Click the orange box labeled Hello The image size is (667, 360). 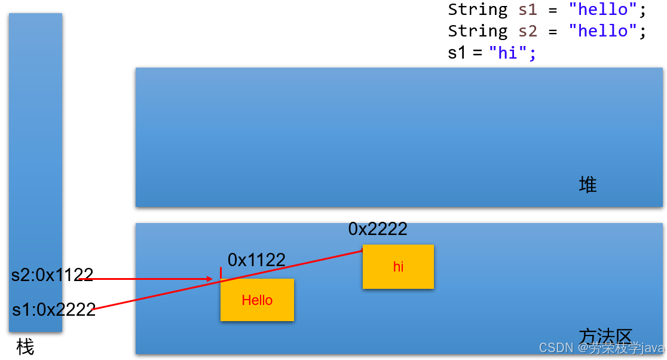(257, 300)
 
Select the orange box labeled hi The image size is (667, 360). (398, 267)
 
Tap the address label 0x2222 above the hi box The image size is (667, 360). (378, 229)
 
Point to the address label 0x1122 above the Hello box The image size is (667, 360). (256, 260)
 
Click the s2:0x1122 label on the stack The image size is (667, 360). (53, 275)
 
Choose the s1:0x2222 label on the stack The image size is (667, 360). (54, 310)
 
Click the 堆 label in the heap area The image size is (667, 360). (588, 185)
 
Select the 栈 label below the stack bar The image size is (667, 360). (25, 347)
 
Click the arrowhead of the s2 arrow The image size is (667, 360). (209, 279)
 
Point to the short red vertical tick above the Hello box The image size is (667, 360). (221, 273)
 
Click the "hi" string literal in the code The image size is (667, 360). (507, 53)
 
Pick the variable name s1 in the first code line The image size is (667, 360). (528, 10)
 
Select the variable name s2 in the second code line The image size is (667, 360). (528, 31)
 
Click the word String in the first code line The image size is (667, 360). (478, 10)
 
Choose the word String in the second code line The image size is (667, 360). (478, 31)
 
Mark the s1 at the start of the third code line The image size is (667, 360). (457, 53)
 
